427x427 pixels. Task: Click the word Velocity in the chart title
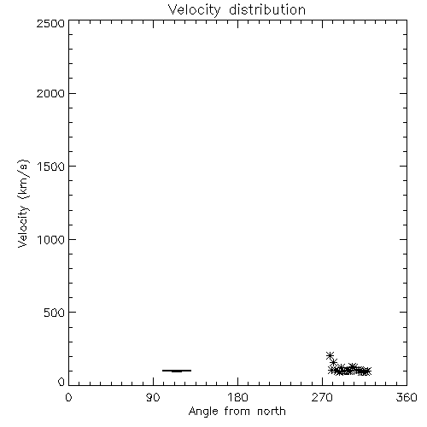click(195, 10)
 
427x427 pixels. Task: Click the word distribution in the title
click(267, 9)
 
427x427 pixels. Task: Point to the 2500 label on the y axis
click(50, 23)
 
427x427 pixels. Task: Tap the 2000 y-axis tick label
click(50, 94)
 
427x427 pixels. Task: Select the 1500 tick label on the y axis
click(51, 167)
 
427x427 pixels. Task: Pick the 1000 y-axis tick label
click(51, 240)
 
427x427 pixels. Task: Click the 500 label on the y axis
click(55, 313)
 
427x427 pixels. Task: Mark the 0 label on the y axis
click(61, 382)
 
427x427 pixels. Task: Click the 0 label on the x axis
click(68, 397)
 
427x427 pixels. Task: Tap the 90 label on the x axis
click(153, 397)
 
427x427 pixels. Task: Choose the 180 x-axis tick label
click(237, 397)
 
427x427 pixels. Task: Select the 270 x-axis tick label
click(322, 397)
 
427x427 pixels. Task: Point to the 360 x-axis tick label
click(407, 397)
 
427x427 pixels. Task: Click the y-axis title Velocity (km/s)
click(23, 203)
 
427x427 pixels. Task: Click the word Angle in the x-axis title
click(203, 412)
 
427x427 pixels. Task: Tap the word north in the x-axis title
click(272, 411)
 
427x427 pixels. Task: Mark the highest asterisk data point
click(330, 355)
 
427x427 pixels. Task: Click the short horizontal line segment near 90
click(177, 371)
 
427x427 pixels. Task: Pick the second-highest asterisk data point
click(334, 362)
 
